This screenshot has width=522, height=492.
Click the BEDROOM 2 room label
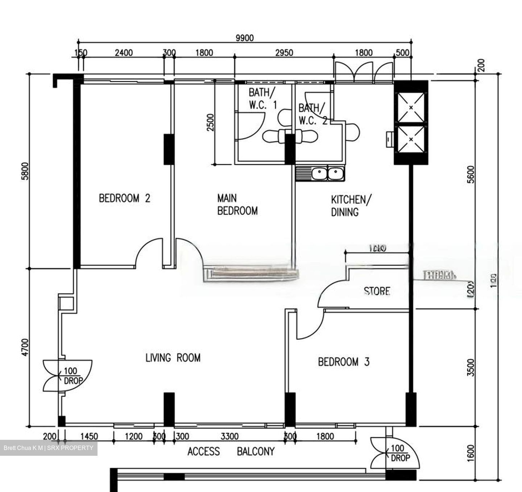[124, 198]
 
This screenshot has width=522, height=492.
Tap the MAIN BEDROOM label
[237, 205]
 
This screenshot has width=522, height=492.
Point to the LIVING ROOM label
[173, 358]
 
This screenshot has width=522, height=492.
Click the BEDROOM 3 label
[343, 362]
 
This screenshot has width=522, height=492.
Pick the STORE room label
[377, 291]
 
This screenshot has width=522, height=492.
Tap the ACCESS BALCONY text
[231, 451]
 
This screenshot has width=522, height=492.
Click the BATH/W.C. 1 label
[262, 99]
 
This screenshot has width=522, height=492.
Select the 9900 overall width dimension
[245, 38]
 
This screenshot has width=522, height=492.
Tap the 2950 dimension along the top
[284, 53]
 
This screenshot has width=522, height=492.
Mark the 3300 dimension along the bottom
[229, 436]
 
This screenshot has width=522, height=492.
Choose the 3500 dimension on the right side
[471, 367]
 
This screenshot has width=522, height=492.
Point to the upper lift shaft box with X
[411, 108]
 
